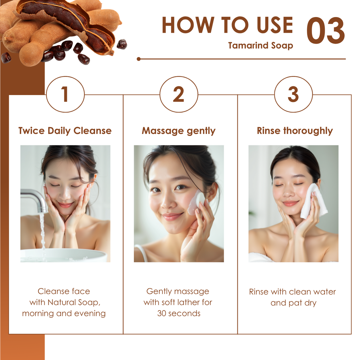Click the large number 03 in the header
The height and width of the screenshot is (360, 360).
click(x=326, y=30)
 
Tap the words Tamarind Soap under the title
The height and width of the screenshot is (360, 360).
click(x=261, y=45)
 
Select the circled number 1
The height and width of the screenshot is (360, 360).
click(x=65, y=94)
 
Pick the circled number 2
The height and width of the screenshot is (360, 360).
click(x=179, y=94)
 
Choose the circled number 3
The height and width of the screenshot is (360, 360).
click(x=293, y=94)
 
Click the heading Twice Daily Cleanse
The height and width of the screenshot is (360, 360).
click(x=65, y=131)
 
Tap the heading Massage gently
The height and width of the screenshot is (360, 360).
click(x=179, y=131)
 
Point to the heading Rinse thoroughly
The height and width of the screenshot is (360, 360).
click(x=295, y=131)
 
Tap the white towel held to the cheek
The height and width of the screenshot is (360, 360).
click(x=314, y=201)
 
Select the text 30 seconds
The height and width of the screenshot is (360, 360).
click(x=179, y=313)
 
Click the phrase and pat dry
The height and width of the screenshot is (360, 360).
click(x=293, y=303)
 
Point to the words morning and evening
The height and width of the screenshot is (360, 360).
click(x=64, y=314)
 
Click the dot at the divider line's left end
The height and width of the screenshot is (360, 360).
click(x=138, y=59)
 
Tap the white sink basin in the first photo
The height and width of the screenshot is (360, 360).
click(x=63, y=255)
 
